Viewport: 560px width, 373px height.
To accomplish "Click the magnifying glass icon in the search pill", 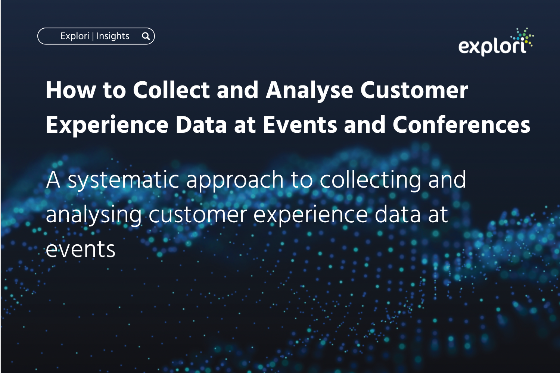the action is click(146, 37).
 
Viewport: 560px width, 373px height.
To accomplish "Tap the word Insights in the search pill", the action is click(113, 36).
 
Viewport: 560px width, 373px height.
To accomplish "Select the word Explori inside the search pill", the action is click(75, 36).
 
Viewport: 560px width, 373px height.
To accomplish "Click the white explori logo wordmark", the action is click(492, 47).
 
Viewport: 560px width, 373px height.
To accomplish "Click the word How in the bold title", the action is click(71, 90).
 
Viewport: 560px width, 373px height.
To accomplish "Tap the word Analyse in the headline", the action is click(309, 91).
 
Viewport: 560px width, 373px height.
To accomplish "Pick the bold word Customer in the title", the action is click(414, 90).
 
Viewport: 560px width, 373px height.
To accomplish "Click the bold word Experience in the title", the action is click(107, 125).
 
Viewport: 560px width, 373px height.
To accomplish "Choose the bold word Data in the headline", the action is click(201, 125).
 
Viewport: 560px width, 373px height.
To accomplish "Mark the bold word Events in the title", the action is click(300, 125).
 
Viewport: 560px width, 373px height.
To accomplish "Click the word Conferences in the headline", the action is click(461, 125).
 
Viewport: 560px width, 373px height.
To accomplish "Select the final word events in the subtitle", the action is click(81, 250).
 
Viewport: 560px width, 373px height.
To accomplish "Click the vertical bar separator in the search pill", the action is click(93, 37).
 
